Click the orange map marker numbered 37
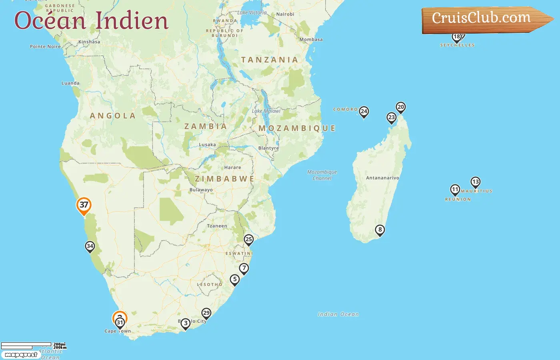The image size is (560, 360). (84, 205)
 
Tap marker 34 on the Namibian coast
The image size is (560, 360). (90, 246)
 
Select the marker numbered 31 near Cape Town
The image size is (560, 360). (120, 323)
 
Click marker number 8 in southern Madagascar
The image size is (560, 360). (380, 230)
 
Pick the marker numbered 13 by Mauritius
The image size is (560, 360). (475, 182)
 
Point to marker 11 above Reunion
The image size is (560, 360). (455, 189)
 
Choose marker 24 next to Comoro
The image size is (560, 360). (364, 112)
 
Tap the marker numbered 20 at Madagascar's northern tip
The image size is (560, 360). (400, 107)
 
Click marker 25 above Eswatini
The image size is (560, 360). (249, 240)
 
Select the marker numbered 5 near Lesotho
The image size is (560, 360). (235, 279)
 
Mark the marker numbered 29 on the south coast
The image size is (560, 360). (206, 313)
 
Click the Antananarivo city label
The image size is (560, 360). (382, 178)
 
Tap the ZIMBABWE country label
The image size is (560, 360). (224, 179)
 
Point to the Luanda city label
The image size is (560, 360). (70, 83)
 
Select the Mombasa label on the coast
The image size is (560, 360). (311, 40)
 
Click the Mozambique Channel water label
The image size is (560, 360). (322, 175)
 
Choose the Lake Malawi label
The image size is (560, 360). (266, 111)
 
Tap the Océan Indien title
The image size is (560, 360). (91, 20)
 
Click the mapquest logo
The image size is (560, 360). (21, 355)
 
